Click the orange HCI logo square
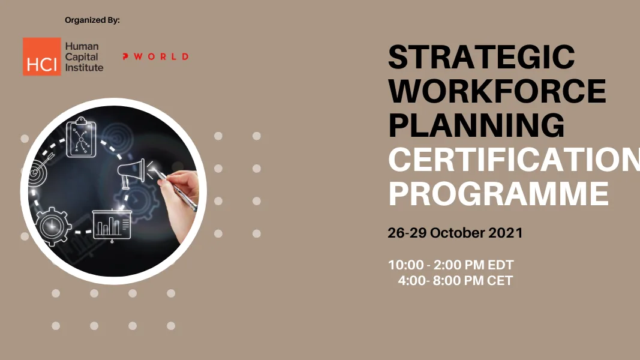[x=42, y=56]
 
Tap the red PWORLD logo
[x=155, y=56]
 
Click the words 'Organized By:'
[x=92, y=20]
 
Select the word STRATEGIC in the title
[x=482, y=58]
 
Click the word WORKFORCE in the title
[x=497, y=91]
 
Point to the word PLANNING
[x=476, y=125]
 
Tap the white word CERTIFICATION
[x=513, y=160]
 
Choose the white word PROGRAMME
[x=498, y=194]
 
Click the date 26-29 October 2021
[x=455, y=233]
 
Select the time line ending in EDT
[x=451, y=265]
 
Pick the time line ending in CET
[x=455, y=280]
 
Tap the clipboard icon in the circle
[x=81, y=137]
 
